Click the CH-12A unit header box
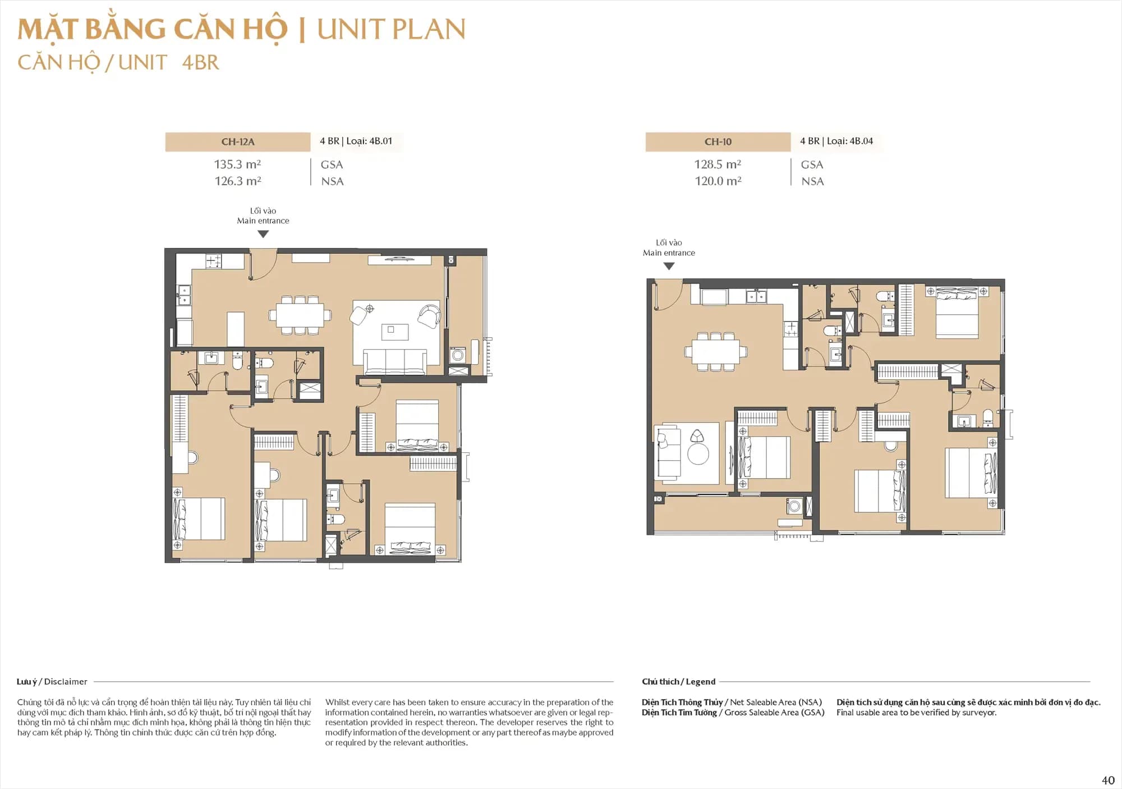click(x=237, y=142)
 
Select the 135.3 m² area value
click(x=237, y=164)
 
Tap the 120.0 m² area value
click(x=718, y=181)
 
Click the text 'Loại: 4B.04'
click(x=849, y=141)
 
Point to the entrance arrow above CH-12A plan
click(x=263, y=235)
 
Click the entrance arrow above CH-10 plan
click(x=668, y=267)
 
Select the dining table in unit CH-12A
click(x=300, y=315)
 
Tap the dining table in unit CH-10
click(x=715, y=352)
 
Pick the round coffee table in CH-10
click(x=698, y=453)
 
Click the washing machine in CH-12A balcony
click(x=458, y=355)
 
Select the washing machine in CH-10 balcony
click(x=793, y=506)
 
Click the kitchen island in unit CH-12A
click(x=236, y=329)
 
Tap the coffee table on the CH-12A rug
click(x=390, y=331)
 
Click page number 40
click(x=1108, y=780)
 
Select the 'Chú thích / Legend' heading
click(x=678, y=681)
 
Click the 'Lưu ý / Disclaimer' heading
click(x=52, y=681)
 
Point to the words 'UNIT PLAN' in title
click(x=391, y=29)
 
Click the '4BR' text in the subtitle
click(x=200, y=62)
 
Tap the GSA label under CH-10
click(x=812, y=165)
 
